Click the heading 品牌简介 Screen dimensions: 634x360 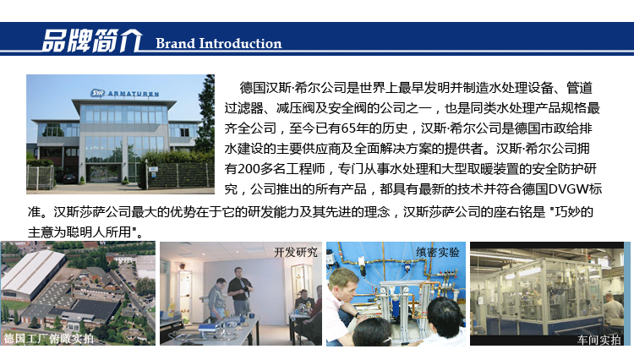pos(92,41)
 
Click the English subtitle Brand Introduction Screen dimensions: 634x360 pos(219,43)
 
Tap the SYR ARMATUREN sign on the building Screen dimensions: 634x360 pos(124,93)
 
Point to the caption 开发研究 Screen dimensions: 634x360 pos(296,252)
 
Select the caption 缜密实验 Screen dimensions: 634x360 pos(438,252)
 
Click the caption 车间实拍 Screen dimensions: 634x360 pos(598,340)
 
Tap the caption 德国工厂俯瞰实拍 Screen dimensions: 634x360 pos(48,338)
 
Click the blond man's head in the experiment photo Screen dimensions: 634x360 pos(344,283)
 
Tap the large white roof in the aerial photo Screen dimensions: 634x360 pos(34,271)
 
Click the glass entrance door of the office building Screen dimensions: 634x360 pos(103,173)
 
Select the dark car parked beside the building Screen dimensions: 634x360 pos(69,177)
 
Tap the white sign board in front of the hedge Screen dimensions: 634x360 pos(153,169)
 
